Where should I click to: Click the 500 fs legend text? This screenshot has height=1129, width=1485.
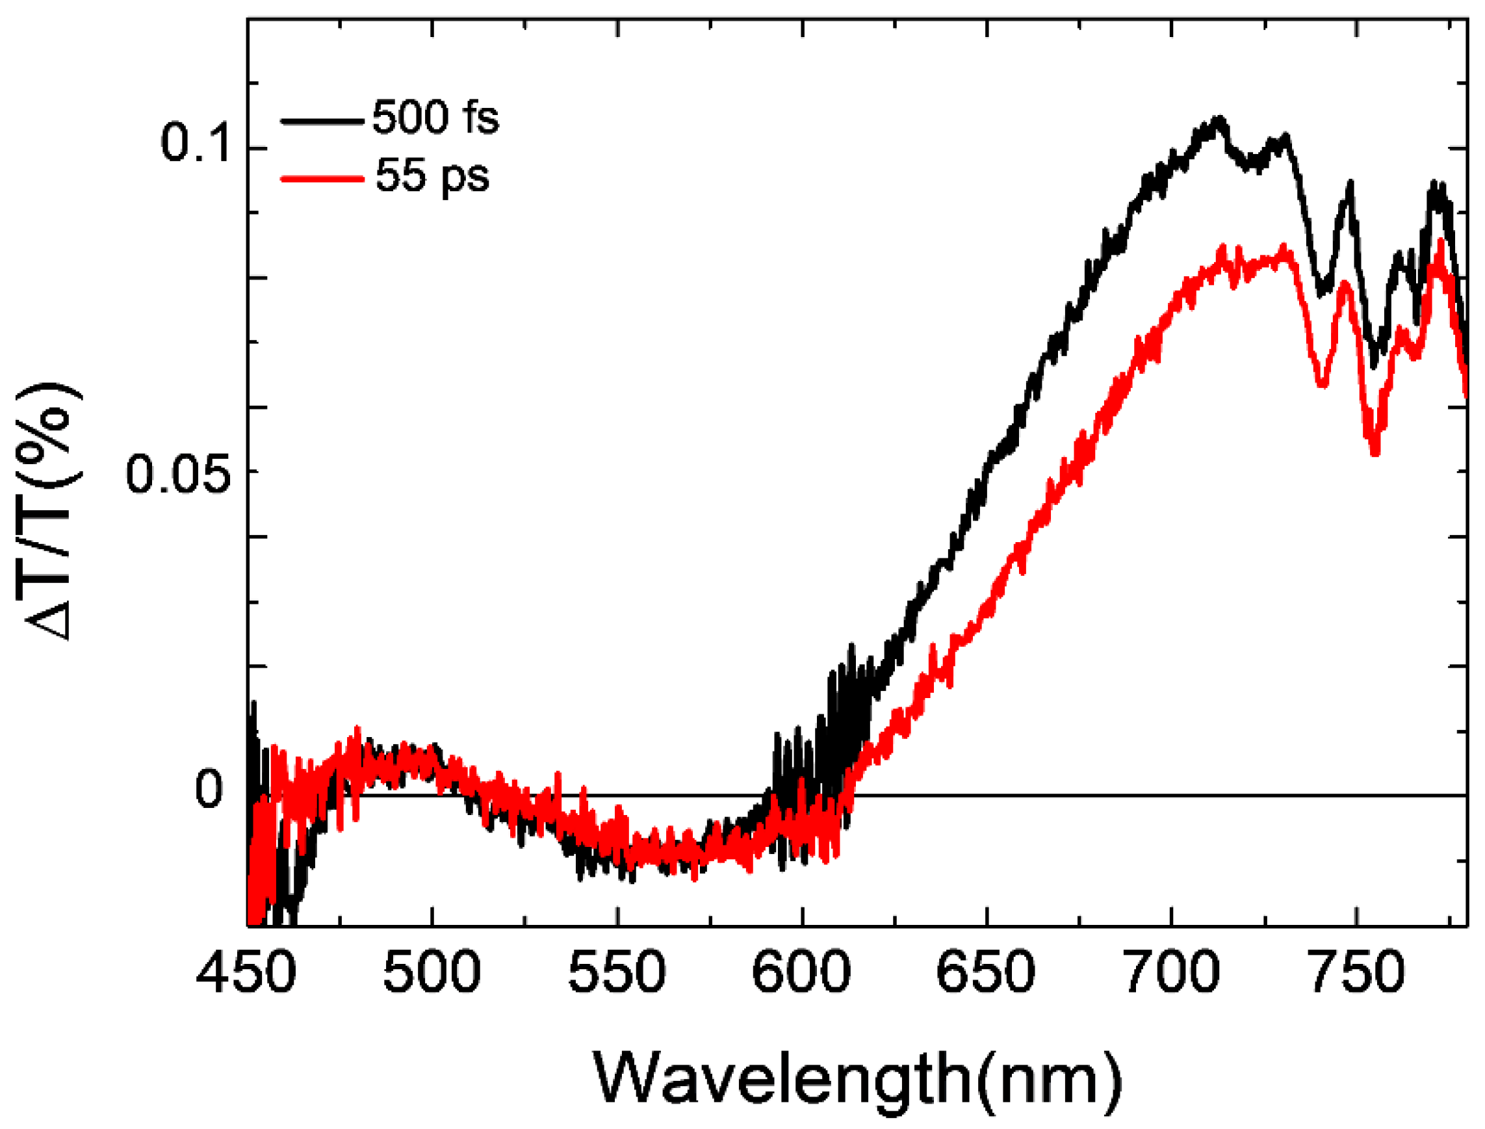coord(435,118)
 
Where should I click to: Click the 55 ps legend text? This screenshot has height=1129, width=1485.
coord(432,176)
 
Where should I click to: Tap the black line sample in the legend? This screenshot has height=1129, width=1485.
coord(322,121)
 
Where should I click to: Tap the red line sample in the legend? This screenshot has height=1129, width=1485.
coord(322,179)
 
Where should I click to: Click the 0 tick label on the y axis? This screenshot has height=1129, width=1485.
coord(209,790)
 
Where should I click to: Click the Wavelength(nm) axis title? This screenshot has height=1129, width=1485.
coord(857,1078)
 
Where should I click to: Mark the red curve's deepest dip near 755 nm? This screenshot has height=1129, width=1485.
coord(1375,452)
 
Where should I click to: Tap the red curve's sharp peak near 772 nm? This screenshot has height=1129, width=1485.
coord(1441,242)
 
